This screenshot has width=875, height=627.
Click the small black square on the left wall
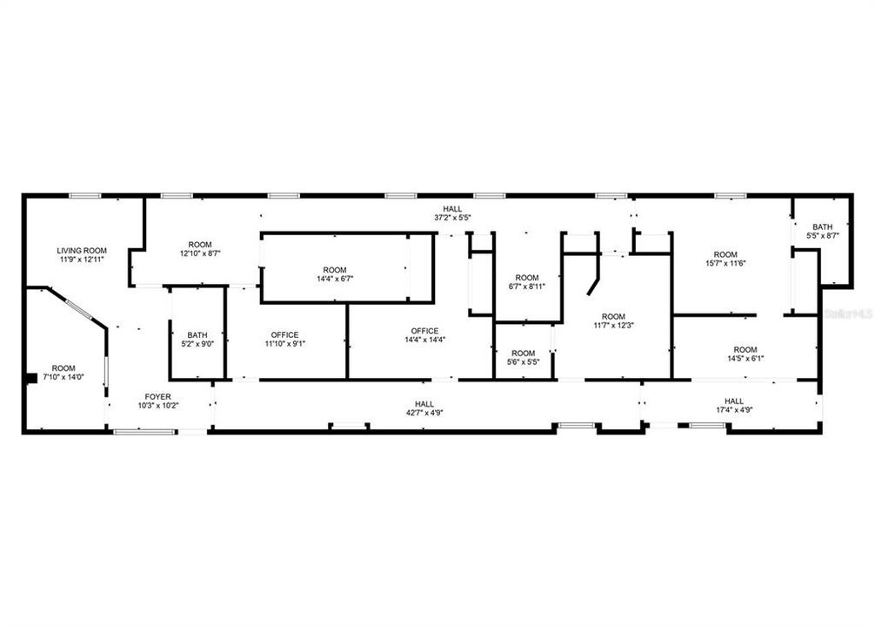30,377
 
